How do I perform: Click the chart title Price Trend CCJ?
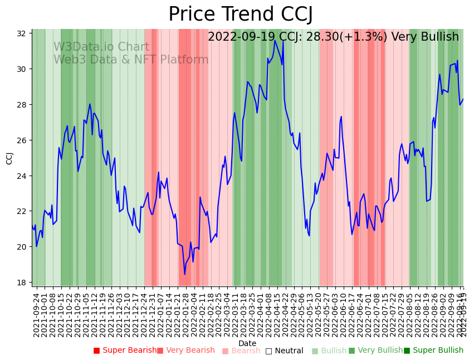click(x=241, y=14)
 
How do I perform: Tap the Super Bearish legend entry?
click(x=125, y=351)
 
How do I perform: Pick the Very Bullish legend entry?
click(x=375, y=351)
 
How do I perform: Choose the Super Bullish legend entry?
click(x=433, y=351)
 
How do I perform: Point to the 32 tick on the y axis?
click(x=22, y=33)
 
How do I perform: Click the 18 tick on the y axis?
click(x=22, y=283)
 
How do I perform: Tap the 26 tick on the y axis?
click(x=22, y=140)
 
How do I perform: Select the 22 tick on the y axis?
click(x=22, y=211)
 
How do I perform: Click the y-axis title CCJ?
click(x=9, y=158)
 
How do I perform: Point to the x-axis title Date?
click(x=247, y=343)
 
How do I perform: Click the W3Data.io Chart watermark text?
click(x=101, y=47)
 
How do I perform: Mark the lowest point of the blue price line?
click(x=185, y=274)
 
